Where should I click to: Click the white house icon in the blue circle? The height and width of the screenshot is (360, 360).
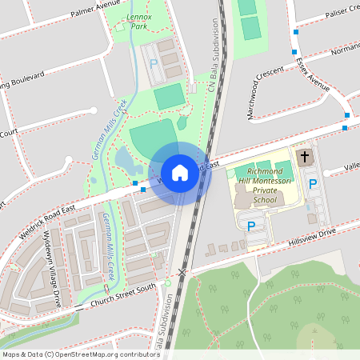tap(180, 173)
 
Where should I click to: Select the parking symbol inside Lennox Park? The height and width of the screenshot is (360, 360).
tap(154, 63)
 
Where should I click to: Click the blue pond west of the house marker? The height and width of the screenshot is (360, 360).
tap(126, 161)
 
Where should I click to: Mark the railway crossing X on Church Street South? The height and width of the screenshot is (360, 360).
tap(182, 273)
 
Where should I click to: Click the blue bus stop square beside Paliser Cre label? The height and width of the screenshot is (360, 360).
tap(295, 32)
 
